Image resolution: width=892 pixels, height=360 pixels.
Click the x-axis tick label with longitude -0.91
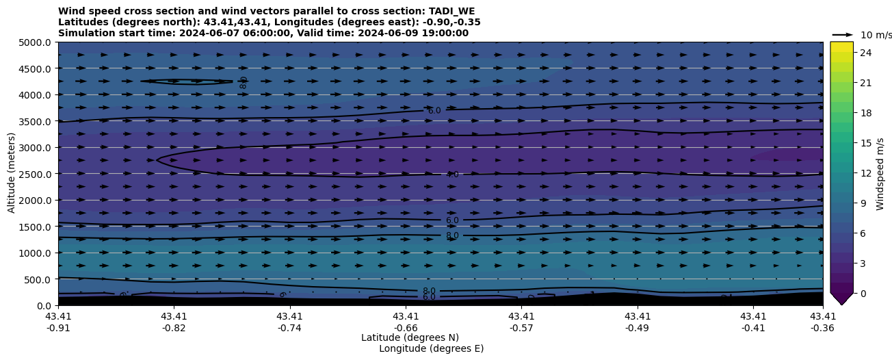[x=58, y=322]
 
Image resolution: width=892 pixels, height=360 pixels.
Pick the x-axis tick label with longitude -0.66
[x=406, y=322]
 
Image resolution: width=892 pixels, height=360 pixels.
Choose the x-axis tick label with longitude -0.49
[x=638, y=322]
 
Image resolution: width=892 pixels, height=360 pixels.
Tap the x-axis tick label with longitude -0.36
[x=823, y=322]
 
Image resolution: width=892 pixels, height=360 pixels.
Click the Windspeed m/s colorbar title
[x=880, y=174]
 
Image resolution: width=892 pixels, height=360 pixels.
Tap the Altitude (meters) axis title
[x=12, y=174]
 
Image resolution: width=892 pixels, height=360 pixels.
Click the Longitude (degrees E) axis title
[x=431, y=348]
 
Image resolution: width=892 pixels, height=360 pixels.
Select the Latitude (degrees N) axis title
[x=410, y=337]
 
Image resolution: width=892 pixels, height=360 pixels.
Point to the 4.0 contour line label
[x=452, y=175]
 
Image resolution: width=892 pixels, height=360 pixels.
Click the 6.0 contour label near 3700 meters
[x=434, y=110]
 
